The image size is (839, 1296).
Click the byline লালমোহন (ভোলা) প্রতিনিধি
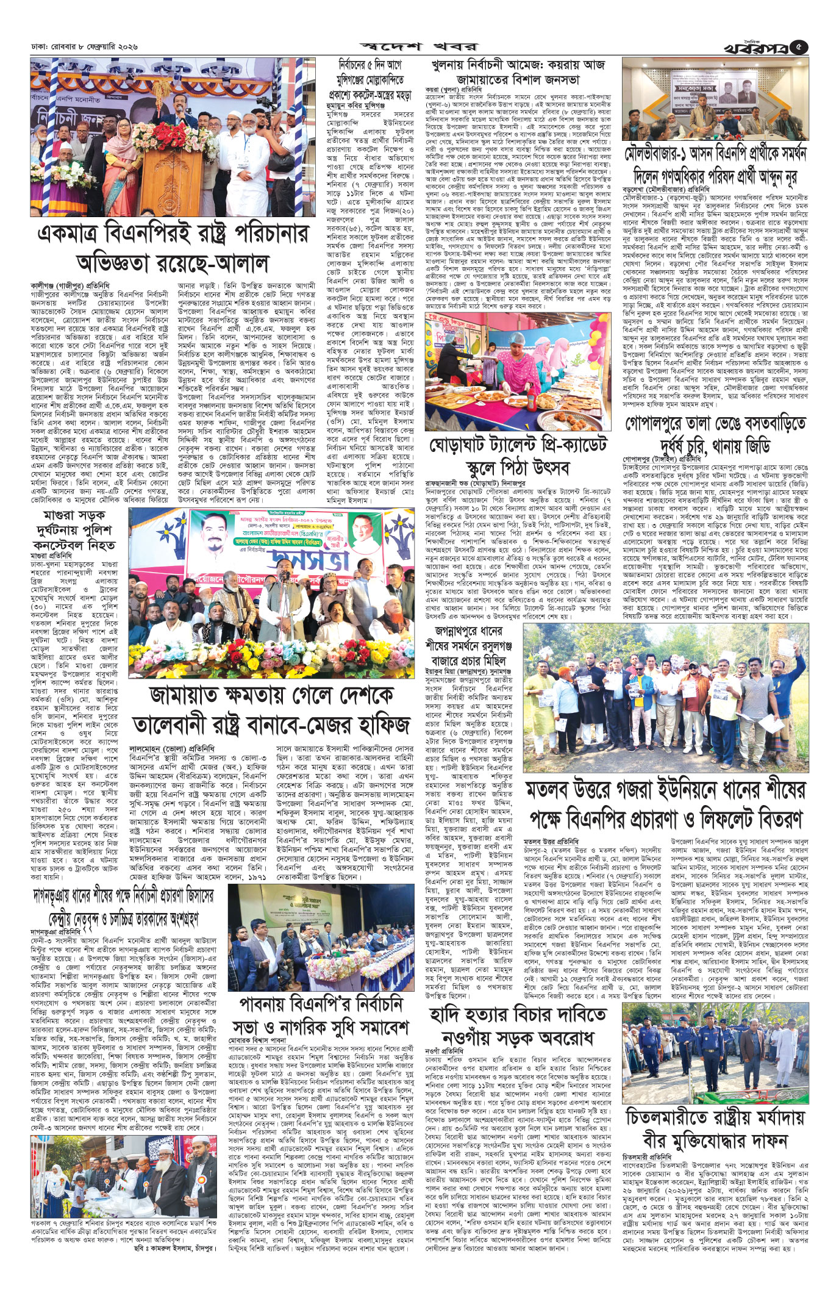(x=165, y=746)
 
